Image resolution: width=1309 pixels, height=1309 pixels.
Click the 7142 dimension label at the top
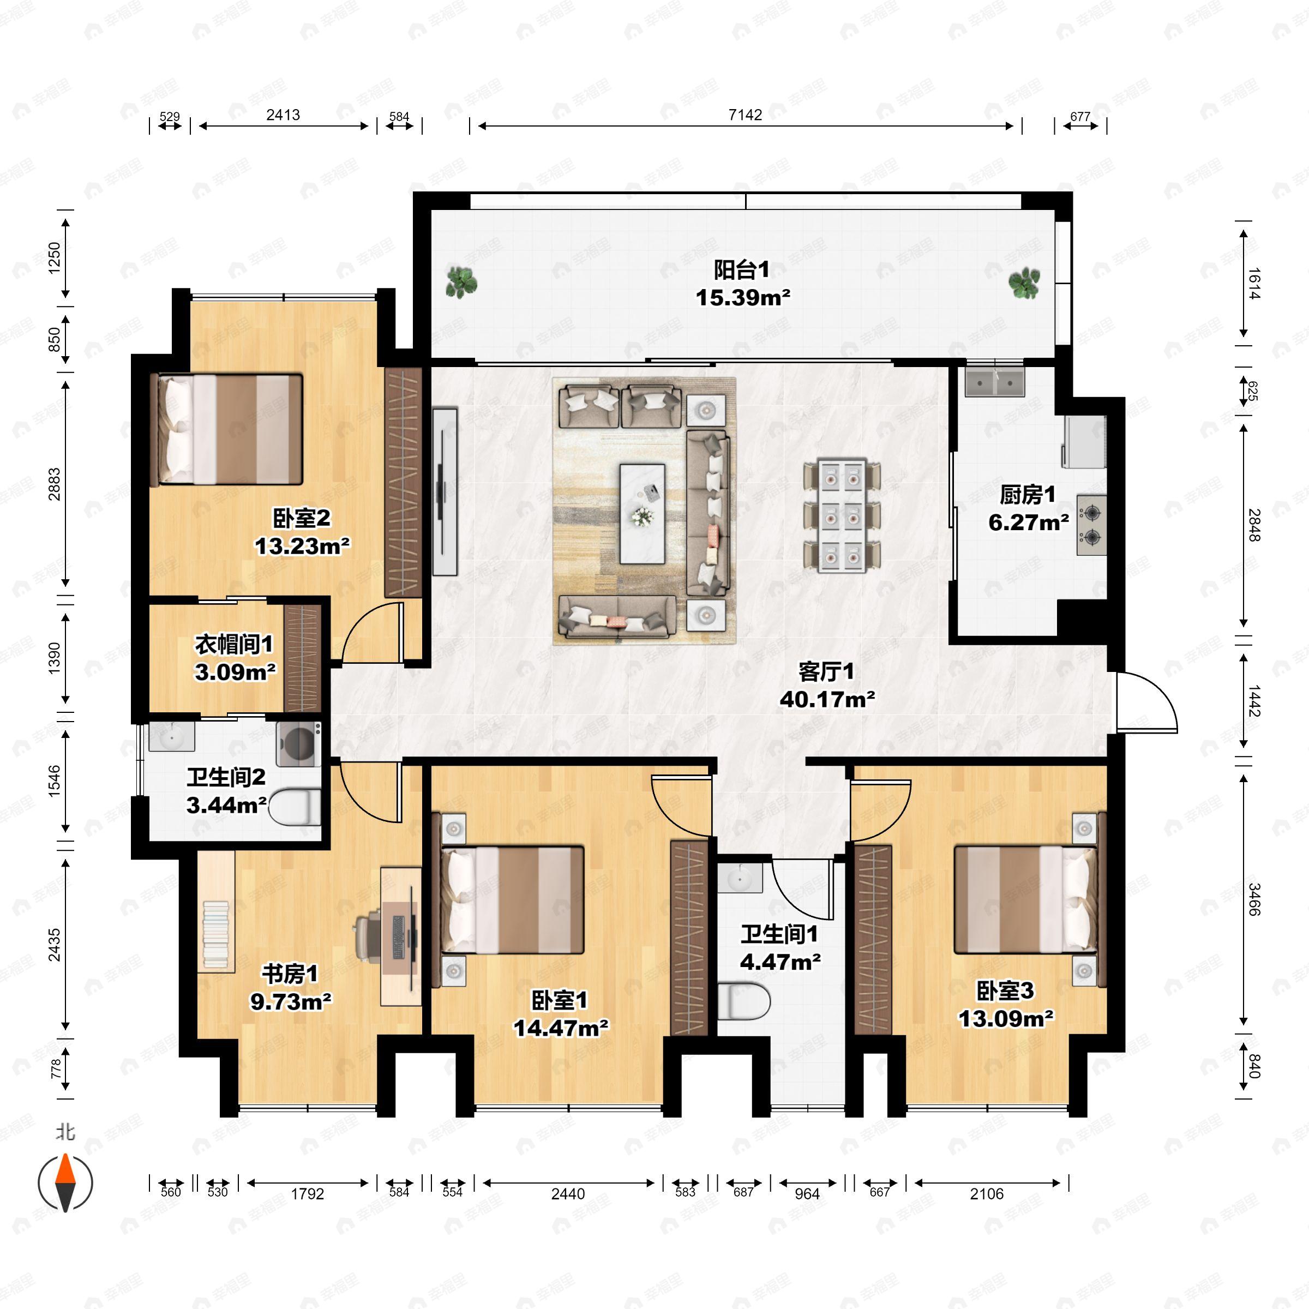744,115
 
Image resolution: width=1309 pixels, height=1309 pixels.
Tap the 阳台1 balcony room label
742,271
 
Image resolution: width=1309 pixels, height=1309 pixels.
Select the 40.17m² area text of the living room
827,699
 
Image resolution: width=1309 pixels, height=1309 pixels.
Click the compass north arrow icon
65,1183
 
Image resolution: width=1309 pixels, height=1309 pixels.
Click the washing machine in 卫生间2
299,744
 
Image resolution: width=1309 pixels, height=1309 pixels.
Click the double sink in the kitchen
995,382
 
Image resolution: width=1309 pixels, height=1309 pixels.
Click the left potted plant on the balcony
461,282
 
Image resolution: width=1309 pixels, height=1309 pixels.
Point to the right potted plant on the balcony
1024,282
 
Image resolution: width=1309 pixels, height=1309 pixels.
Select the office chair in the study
369,935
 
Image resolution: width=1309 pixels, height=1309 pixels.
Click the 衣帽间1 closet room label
234,644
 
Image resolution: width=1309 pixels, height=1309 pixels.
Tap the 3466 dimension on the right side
1253,899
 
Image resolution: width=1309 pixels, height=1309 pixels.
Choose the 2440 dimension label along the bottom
568,1194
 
